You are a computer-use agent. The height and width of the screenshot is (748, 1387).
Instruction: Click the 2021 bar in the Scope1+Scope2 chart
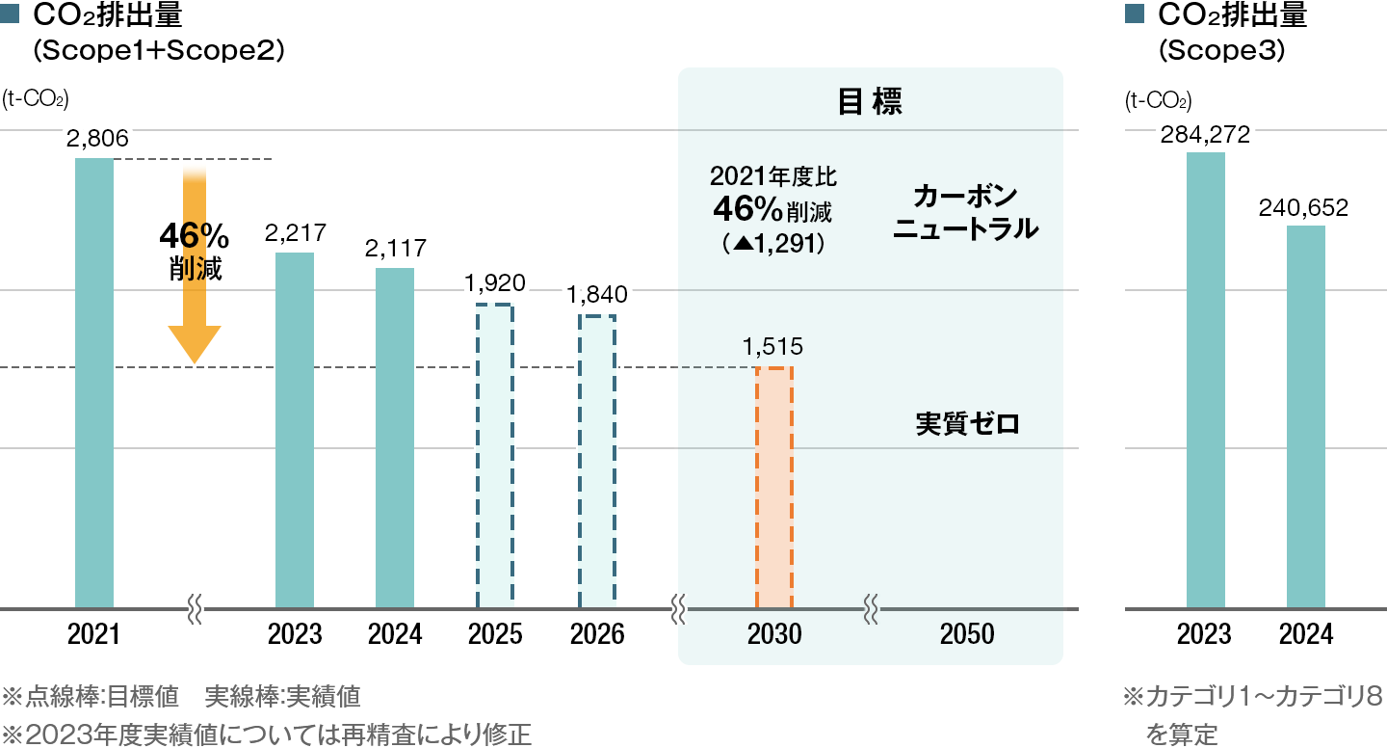coord(94,384)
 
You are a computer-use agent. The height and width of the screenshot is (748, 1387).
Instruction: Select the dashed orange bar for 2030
coord(774,488)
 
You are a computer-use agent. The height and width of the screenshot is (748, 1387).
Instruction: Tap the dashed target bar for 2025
coord(494,457)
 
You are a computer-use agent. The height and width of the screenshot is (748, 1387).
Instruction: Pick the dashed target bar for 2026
coord(596,462)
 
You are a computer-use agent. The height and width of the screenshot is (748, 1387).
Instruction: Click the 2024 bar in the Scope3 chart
coord(1306,417)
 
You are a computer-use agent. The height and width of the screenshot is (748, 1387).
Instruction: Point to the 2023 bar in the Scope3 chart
coord(1205,381)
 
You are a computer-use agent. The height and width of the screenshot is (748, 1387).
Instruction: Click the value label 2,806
coord(97,139)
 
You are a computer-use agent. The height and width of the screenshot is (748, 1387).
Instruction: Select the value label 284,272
coord(1205,134)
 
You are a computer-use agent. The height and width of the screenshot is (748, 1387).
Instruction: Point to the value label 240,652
coord(1305,207)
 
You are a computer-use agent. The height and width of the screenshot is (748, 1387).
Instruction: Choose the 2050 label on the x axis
coord(967,634)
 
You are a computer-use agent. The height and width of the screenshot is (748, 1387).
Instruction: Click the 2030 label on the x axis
coord(774,634)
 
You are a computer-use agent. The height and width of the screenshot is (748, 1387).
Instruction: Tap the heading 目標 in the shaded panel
coord(870,103)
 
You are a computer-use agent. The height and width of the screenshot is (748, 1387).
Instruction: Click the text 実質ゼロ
coord(966,423)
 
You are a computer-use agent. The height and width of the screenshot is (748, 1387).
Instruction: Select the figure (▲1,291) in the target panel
coord(773,244)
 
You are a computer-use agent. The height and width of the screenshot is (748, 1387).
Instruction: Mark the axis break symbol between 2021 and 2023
coord(194,609)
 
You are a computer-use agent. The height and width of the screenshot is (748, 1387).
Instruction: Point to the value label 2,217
coord(294,232)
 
